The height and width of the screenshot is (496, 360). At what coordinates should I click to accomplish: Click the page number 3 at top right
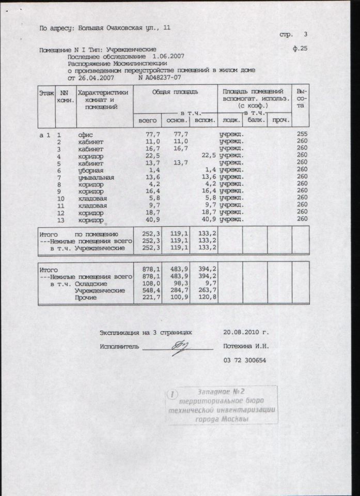tap(305, 35)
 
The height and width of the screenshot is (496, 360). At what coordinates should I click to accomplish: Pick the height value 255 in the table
tap(302, 134)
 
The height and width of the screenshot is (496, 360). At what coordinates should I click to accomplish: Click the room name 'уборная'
tap(90, 170)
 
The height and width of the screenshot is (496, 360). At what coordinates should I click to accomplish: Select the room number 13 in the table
tap(61, 220)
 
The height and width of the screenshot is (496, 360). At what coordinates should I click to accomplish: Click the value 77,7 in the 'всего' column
tap(149, 134)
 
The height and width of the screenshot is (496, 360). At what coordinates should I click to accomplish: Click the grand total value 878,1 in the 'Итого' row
tap(149, 269)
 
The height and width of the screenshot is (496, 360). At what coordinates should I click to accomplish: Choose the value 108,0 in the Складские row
tap(149, 284)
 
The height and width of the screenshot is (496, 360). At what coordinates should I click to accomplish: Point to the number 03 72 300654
tap(244, 360)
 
